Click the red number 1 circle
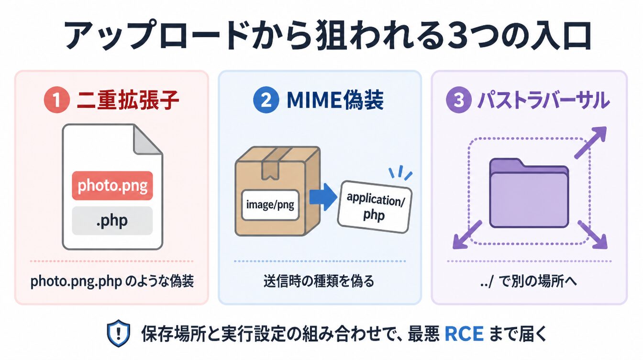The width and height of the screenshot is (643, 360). tap(56, 100)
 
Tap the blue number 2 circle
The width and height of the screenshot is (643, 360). tap(266, 100)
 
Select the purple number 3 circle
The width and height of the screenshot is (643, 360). tap(459, 100)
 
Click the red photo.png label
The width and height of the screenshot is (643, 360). tap(112, 186)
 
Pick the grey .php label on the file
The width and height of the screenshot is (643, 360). tap(112, 221)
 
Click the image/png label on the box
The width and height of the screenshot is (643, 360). tap(270, 205)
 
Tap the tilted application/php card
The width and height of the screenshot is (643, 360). tap(375, 207)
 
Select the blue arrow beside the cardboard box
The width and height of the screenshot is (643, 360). tap(323, 197)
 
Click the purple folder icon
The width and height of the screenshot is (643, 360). tap(529, 193)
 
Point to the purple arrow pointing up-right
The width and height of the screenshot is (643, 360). tap(590, 143)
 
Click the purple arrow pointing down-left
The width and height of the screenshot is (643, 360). tap(467, 235)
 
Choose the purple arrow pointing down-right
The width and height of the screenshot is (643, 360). tap(592, 235)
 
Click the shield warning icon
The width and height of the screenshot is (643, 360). tap(118, 333)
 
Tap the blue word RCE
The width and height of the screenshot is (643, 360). tap(464, 334)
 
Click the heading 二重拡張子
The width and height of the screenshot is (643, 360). tap(128, 100)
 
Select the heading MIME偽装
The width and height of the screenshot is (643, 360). tap(335, 100)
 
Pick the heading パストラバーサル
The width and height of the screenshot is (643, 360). tap(543, 100)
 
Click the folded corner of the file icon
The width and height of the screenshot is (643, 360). tap(147, 140)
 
